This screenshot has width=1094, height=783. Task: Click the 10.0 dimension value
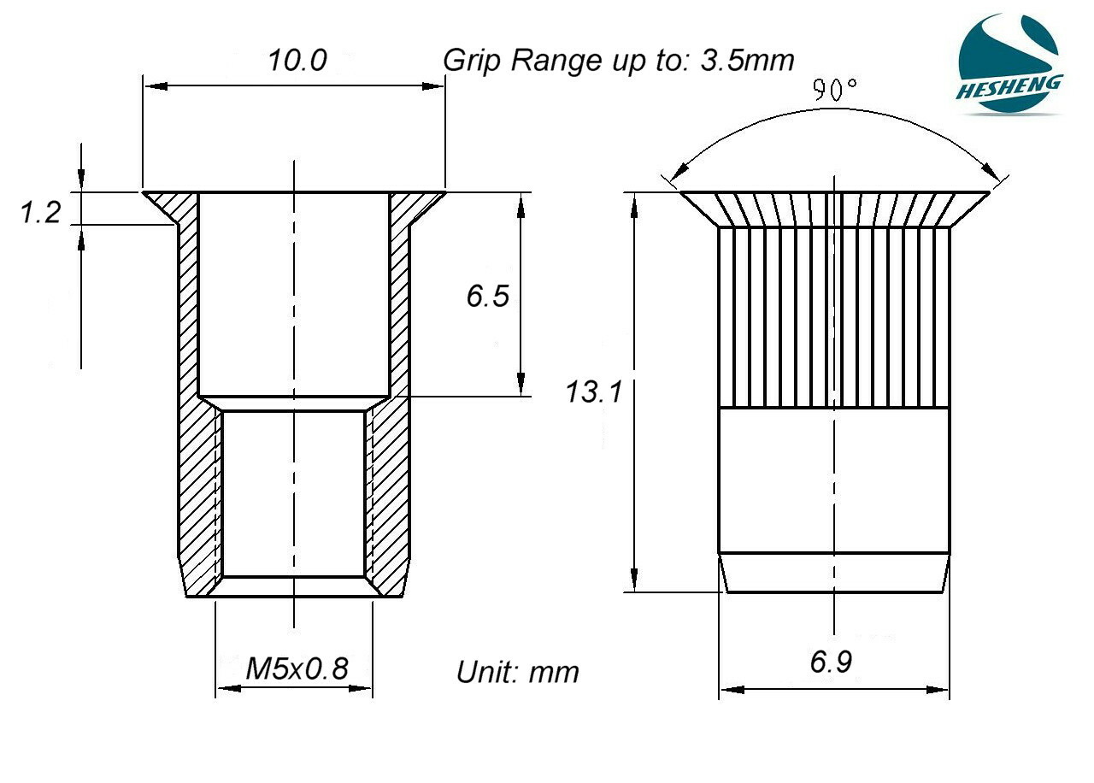[x=297, y=61]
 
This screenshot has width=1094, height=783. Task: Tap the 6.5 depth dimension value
[x=488, y=296]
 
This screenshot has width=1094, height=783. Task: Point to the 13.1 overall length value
[x=593, y=392]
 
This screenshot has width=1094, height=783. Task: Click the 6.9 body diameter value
[x=831, y=662]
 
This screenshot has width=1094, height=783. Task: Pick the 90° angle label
[x=834, y=90]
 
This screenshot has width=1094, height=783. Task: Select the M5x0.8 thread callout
[x=297, y=668]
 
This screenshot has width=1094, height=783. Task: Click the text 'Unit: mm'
[x=517, y=672]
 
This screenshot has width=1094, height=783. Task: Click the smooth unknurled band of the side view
[x=833, y=479]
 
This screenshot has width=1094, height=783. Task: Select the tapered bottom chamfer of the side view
[x=833, y=572]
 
